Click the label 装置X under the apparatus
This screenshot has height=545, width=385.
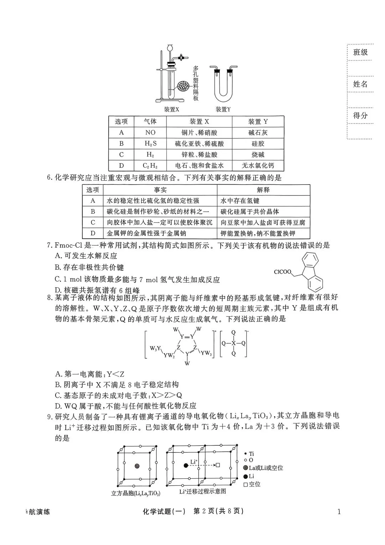pyautogui.click(x=171, y=109)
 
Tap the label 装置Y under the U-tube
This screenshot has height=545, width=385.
pyautogui.click(x=223, y=109)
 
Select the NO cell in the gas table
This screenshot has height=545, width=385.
pyautogui.click(x=150, y=133)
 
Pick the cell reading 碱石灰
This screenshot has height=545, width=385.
pyautogui.click(x=258, y=133)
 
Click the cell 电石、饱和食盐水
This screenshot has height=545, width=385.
pyautogui.click(x=199, y=166)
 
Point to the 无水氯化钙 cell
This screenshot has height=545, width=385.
pyautogui.click(x=258, y=166)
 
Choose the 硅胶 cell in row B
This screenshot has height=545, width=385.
pyautogui.click(x=258, y=144)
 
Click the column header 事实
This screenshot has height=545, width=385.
pyautogui.click(x=160, y=190)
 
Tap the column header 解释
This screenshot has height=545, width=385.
pyautogui.click(x=263, y=190)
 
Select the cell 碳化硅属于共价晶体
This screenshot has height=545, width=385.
pyautogui.click(x=250, y=212)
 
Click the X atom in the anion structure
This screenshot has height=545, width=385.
pyautogui.click(x=233, y=343)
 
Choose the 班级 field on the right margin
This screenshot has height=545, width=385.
pyautogui.click(x=360, y=52)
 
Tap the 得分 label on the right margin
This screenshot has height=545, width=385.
pyautogui.click(x=360, y=115)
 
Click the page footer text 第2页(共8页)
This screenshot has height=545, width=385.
pyautogui.click(x=218, y=511)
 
